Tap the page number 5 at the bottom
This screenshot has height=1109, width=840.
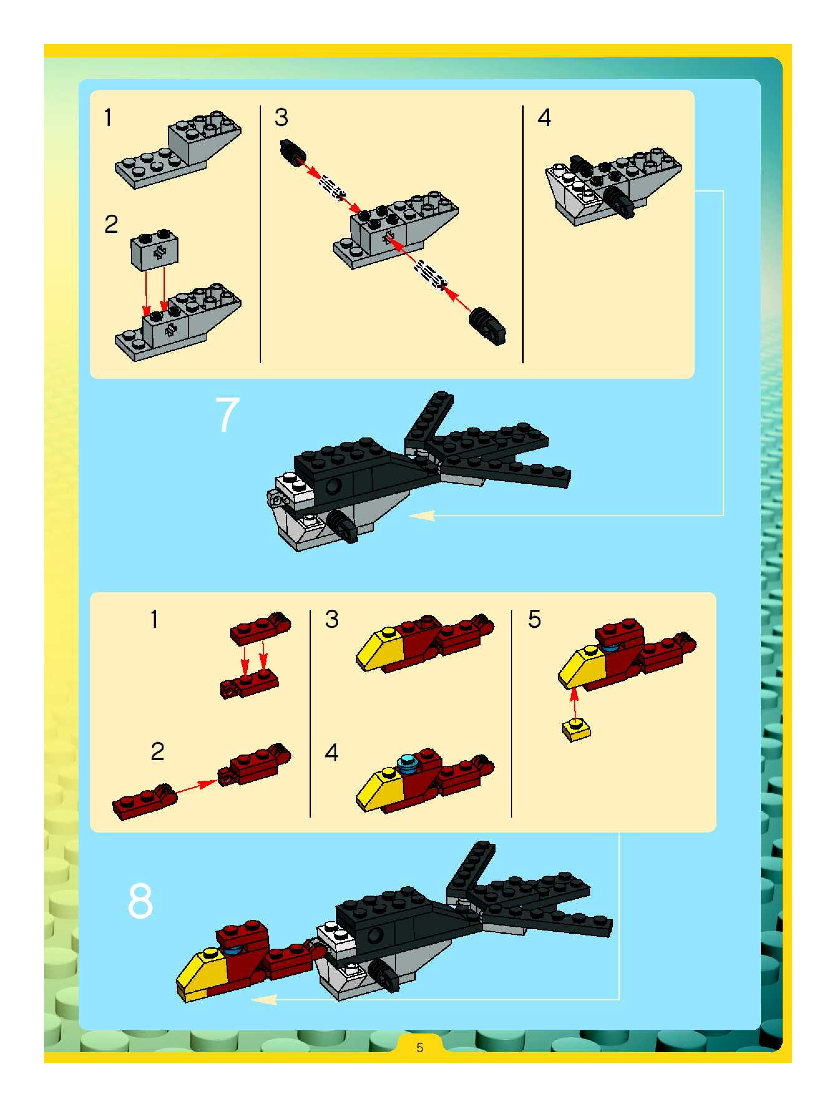tap(420, 1047)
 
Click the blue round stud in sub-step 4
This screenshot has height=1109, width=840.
tap(406, 763)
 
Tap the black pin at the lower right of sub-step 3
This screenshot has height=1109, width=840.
tap(487, 325)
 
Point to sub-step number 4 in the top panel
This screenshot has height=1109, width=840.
tap(544, 118)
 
